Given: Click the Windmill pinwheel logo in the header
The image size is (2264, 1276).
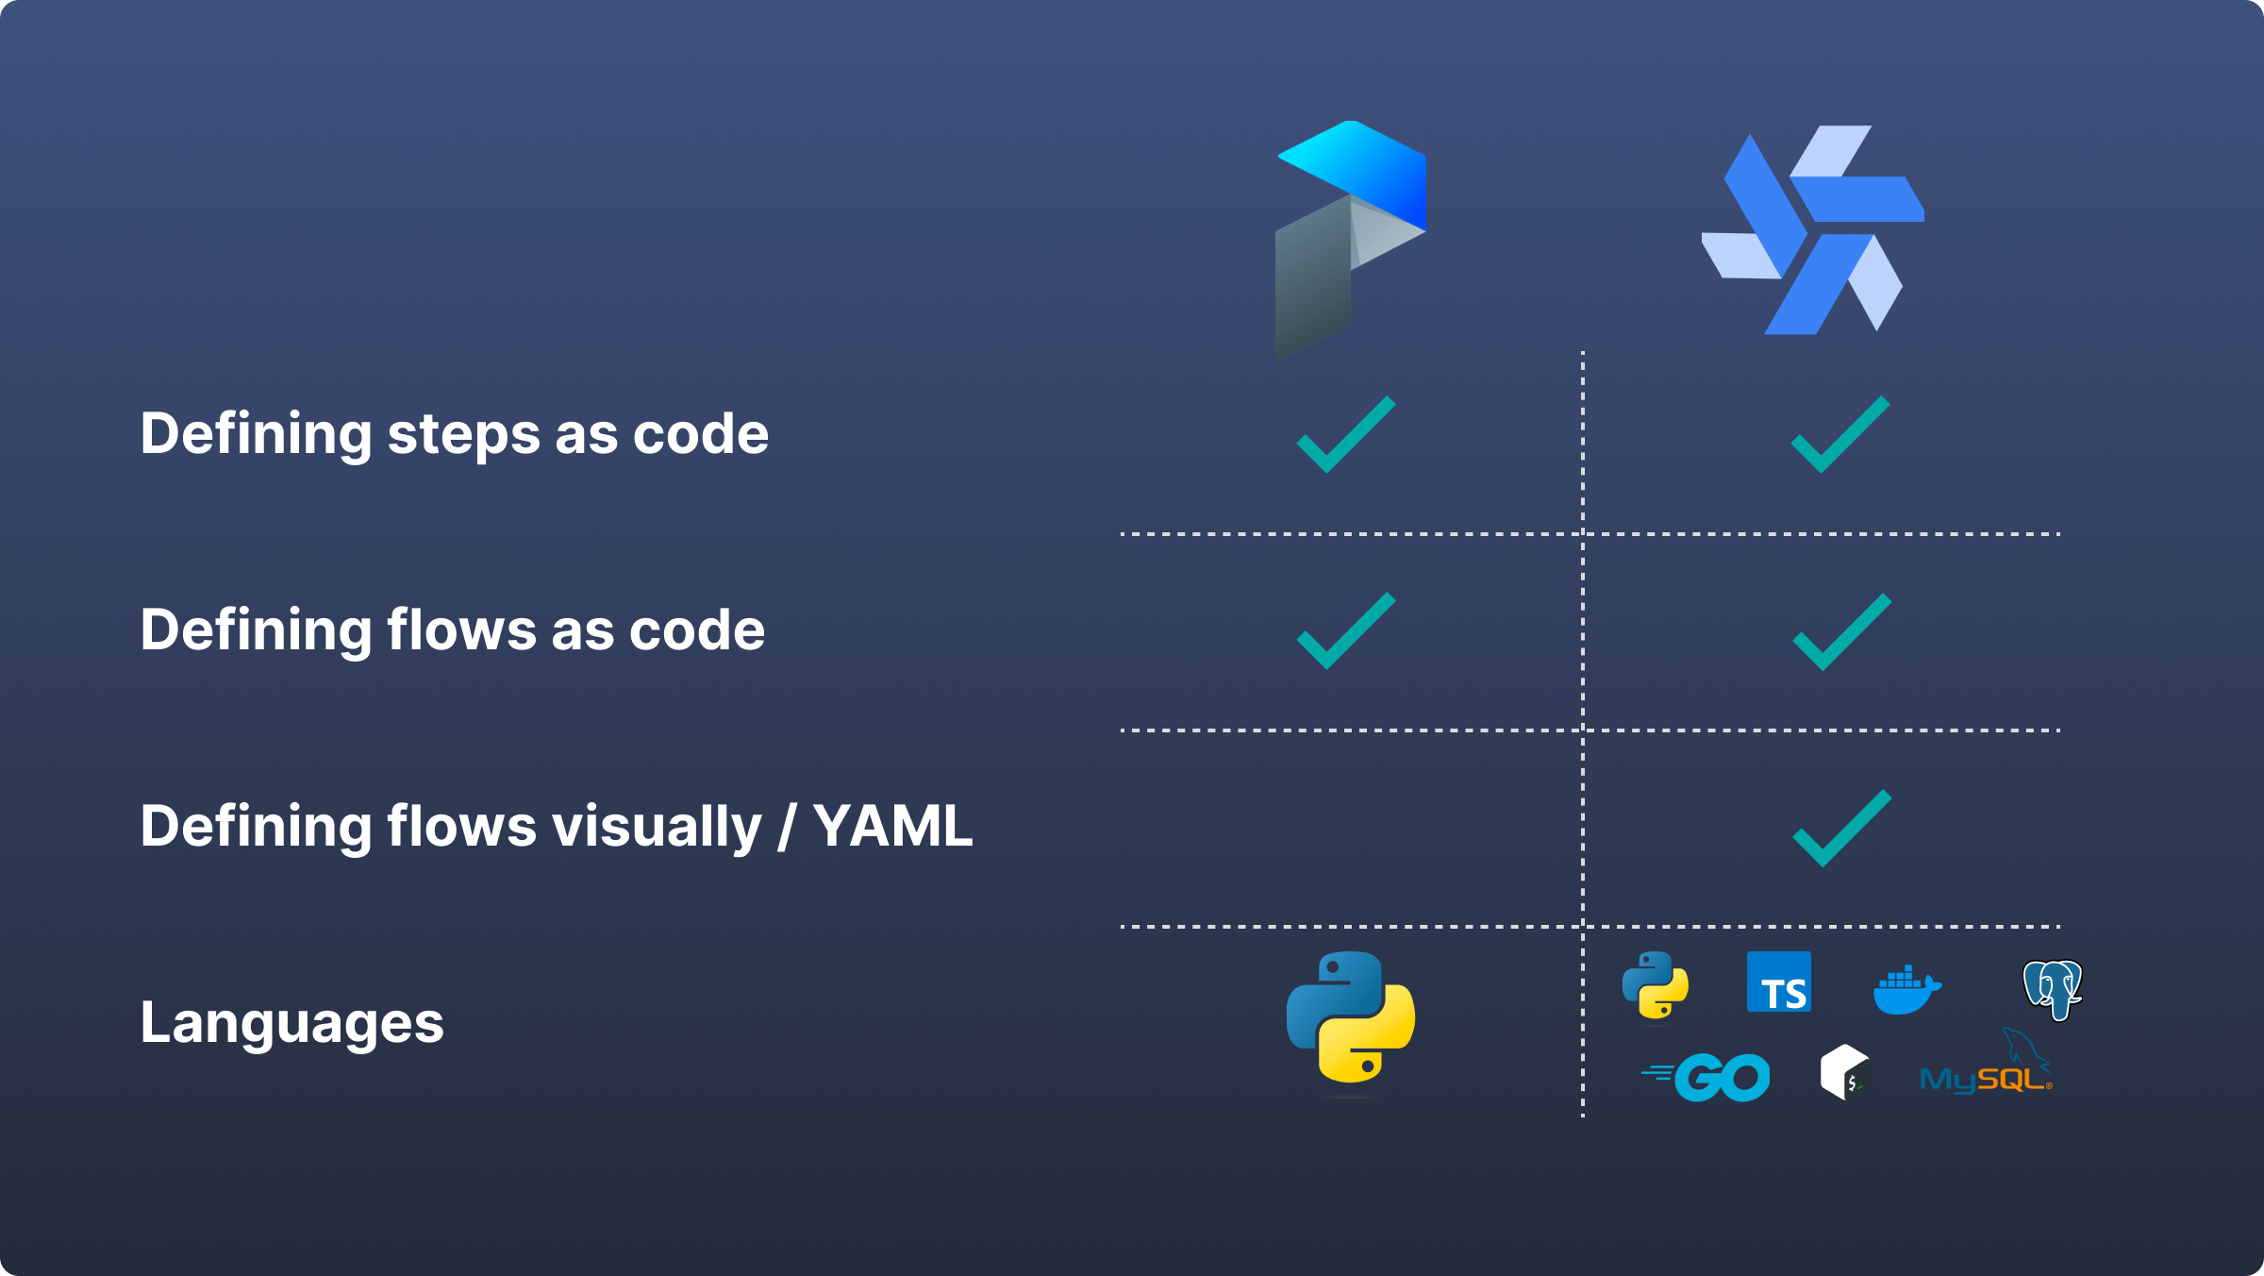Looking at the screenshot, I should point(1812,229).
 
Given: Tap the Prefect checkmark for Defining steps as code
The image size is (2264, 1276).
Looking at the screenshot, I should point(1345,435).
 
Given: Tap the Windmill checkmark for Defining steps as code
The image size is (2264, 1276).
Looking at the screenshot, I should point(1839,435).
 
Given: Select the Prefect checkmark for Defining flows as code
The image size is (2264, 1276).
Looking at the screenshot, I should point(1345,631).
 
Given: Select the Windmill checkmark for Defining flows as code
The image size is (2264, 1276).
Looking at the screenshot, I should point(1841,632).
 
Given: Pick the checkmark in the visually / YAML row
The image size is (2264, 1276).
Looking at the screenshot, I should point(1841,828).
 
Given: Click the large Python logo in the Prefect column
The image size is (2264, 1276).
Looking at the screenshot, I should point(1350,1017).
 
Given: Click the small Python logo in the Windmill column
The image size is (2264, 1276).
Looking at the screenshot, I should point(1656,985).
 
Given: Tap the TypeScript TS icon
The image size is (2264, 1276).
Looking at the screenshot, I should point(1779,982).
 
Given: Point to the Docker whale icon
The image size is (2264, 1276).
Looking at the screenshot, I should point(1906,990).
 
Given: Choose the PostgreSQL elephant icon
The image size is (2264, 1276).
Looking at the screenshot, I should point(2053,989).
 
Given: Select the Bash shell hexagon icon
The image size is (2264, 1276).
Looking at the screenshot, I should point(1844,1072).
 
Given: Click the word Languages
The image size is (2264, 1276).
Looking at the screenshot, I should point(291,1023).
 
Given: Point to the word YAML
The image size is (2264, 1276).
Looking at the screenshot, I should point(892,827).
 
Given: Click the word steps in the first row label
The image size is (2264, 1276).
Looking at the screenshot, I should point(463,435).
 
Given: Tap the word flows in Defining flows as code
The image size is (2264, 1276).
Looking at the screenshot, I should point(461,630).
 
